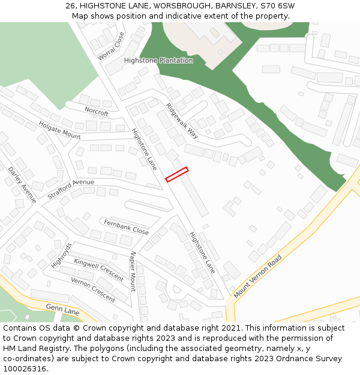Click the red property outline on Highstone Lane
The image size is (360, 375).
point(176,174)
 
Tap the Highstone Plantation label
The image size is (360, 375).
point(158,61)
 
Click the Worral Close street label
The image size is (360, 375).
point(110,46)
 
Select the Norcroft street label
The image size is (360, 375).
point(97,112)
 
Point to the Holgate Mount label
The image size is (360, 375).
point(59,130)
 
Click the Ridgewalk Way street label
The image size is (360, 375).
point(182,120)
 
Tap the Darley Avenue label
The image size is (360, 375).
point(22,185)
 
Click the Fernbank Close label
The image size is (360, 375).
point(126,227)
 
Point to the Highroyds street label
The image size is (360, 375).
point(61,255)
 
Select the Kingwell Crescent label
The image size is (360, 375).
point(98,269)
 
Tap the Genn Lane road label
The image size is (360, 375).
point(63,311)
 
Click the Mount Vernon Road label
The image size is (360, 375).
point(258,277)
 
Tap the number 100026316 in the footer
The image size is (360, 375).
point(24,369)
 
